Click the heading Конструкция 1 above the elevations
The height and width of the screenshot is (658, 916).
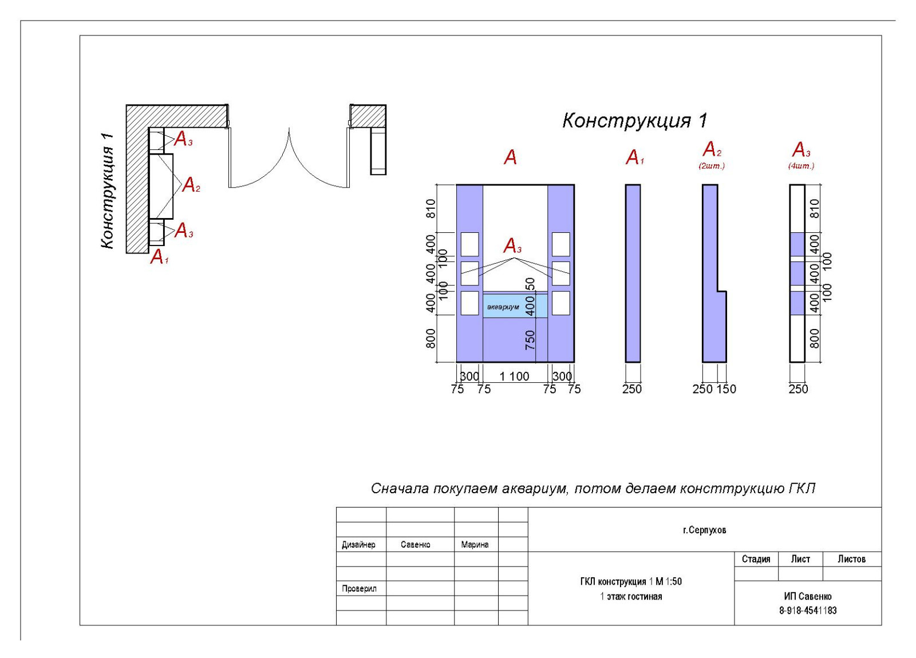click(x=634, y=121)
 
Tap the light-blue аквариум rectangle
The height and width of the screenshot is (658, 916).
click(x=514, y=306)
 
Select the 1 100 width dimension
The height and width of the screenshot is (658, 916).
click(x=514, y=376)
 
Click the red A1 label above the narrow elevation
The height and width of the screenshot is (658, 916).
click(x=634, y=157)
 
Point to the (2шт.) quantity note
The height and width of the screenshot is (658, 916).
click(x=711, y=166)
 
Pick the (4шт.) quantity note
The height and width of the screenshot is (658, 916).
click(x=800, y=166)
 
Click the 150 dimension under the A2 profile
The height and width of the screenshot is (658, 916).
click(x=726, y=389)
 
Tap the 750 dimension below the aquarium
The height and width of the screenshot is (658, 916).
click(x=530, y=339)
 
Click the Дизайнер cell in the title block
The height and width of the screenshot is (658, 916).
click(x=358, y=545)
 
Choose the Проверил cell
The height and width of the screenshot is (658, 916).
click(x=359, y=588)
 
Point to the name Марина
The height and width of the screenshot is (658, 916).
click(x=475, y=545)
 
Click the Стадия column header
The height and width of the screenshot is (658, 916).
click(x=756, y=559)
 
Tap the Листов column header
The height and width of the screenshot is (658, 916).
click(x=851, y=559)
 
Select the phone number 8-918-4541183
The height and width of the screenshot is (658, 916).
click(x=807, y=611)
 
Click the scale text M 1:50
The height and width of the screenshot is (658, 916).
click(x=668, y=581)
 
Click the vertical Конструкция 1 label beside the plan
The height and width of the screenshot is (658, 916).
click(x=107, y=191)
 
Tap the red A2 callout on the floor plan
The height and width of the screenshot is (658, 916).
click(x=191, y=185)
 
